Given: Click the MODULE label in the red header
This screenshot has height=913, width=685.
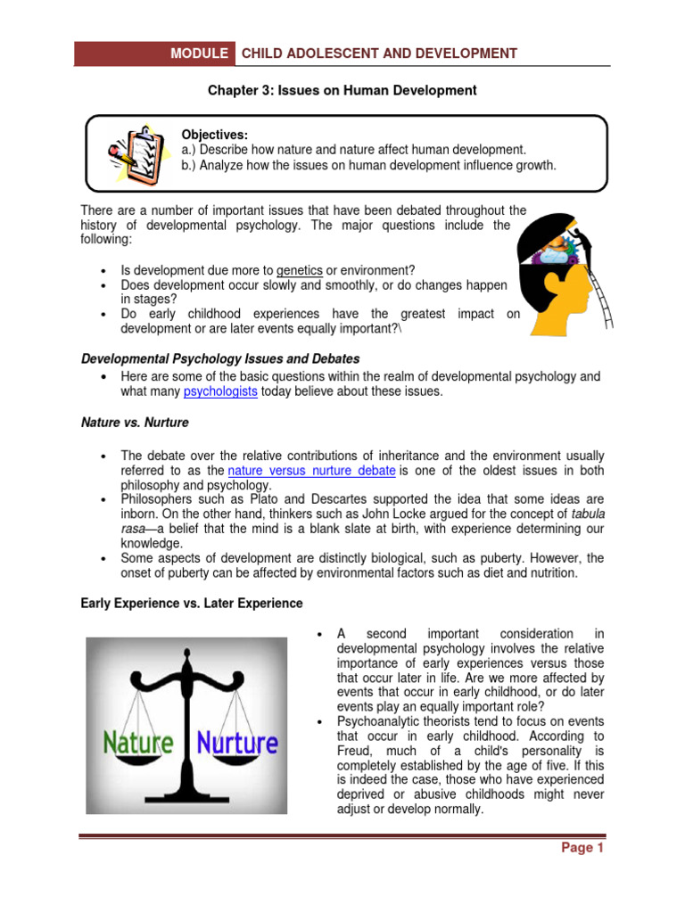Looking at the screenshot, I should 199,53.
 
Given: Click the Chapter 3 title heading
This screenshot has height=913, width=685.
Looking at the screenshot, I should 342,90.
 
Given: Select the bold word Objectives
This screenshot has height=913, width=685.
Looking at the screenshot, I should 214,134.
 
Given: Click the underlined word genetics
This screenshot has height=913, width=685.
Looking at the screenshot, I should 300,270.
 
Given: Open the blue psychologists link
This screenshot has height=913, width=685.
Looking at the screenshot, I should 220,391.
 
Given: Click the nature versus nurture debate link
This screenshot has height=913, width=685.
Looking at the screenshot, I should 311,470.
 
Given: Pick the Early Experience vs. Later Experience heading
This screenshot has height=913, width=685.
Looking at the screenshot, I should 192,604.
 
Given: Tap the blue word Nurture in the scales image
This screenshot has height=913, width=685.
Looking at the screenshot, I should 236,742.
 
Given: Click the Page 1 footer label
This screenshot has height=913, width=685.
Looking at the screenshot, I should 582,848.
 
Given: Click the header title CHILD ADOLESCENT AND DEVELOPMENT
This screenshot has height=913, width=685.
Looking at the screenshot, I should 379,53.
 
